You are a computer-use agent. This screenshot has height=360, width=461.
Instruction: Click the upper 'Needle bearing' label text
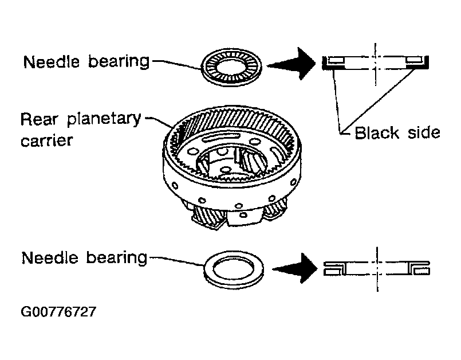[86, 62]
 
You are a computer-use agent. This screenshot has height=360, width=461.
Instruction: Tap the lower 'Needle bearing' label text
[84, 258]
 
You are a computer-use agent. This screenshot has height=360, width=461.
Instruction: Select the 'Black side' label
[397, 133]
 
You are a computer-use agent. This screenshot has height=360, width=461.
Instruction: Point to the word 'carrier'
[46, 140]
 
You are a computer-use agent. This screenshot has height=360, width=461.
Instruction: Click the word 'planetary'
[104, 119]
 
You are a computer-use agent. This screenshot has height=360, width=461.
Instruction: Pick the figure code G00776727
[58, 311]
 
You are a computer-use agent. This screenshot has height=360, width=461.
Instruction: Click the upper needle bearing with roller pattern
[231, 67]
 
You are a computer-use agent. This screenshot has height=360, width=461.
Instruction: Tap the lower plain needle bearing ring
[234, 269]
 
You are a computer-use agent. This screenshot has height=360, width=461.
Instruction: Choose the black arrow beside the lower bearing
[295, 268]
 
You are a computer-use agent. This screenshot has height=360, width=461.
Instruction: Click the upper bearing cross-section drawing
[376, 62]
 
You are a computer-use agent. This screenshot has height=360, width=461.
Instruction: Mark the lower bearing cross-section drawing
[377, 268]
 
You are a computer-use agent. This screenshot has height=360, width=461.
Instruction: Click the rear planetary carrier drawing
[232, 167]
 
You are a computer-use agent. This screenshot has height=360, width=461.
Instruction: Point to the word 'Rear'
[39, 119]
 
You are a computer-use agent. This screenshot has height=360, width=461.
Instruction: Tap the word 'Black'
[377, 133]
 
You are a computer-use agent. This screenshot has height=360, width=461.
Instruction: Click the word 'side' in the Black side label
[424, 133]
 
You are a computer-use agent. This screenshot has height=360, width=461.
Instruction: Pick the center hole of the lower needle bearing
[234, 269]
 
